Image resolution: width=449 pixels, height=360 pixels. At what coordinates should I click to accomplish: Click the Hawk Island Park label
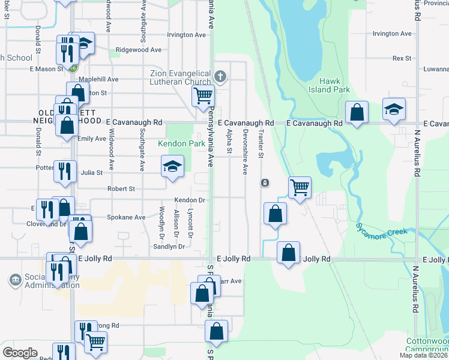click(x=334, y=85)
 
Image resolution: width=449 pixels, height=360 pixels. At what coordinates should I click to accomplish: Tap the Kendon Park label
click(x=181, y=144)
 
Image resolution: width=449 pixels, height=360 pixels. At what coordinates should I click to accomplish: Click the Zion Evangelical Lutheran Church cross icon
click(x=220, y=76)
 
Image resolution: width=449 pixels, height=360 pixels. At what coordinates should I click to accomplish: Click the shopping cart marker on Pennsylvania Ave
click(x=203, y=95)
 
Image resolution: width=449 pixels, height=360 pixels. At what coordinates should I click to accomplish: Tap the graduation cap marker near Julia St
click(x=172, y=166)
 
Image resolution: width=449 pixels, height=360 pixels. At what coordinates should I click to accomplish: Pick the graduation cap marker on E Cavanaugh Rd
click(x=394, y=110)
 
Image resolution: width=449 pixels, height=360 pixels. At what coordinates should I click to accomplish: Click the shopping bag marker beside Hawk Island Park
click(x=357, y=112)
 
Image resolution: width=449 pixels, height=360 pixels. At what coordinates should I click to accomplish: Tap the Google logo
click(x=20, y=353)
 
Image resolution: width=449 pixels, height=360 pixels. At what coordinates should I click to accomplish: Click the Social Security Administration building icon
click(x=15, y=280)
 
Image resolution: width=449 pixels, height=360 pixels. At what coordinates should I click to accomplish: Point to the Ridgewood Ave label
click(x=139, y=50)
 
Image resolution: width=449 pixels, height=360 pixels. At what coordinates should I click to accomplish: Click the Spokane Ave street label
click(x=126, y=217)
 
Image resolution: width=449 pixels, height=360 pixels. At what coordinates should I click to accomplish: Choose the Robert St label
click(x=121, y=188)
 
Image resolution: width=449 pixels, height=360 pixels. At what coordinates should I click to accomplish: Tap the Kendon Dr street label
click(x=190, y=200)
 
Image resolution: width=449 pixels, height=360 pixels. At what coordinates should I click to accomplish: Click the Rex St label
click(x=402, y=58)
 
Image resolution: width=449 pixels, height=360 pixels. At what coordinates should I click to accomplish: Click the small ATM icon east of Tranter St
click(x=265, y=182)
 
